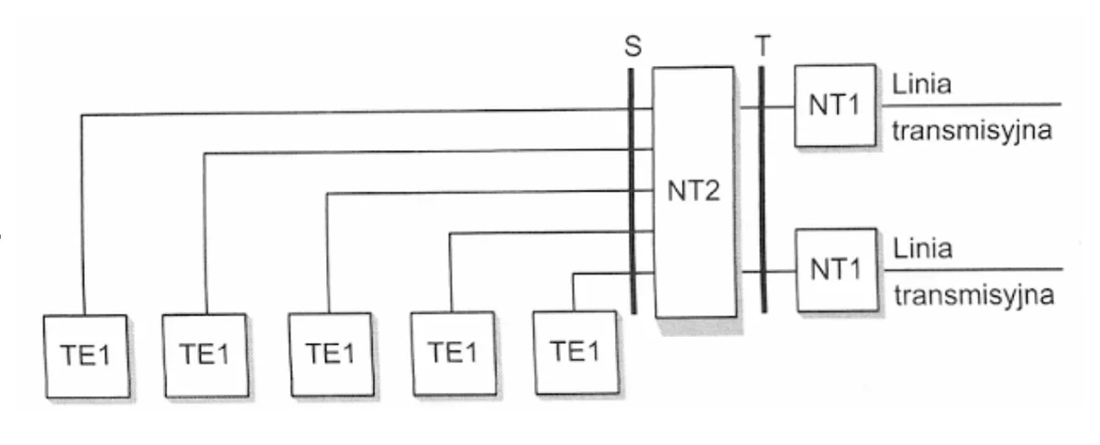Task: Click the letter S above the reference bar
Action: pyautogui.click(x=633, y=46)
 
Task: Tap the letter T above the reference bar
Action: pyautogui.click(x=763, y=46)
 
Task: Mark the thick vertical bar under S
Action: pyautogui.click(x=632, y=190)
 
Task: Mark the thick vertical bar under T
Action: pyautogui.click(x=763, y=190)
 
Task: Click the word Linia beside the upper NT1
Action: pyautogui.click(x=922, y=84)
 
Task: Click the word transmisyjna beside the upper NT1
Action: pyautogui.click(x=972, y=132)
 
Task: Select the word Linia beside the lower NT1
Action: pyautogui.click(x=923, y=249)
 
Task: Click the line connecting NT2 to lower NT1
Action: pyautogui.click(x=768, y=271)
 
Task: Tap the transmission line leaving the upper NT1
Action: pyautogui.click(x=972, y=104)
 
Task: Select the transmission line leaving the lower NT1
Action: pyautogui.click(x=973, y=269)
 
